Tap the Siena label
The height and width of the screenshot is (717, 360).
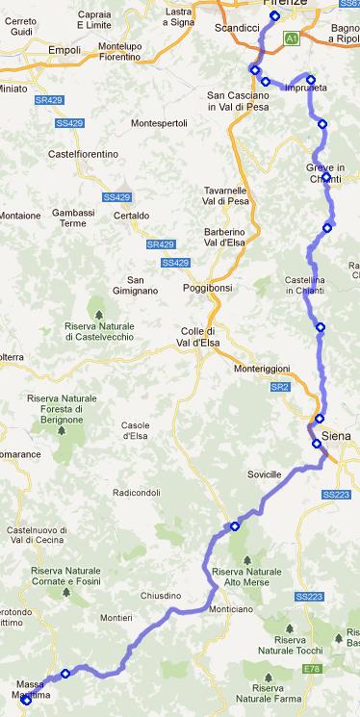336,435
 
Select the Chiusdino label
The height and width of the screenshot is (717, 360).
161,596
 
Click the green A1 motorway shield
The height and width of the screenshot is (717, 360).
291,38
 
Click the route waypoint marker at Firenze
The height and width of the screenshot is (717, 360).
274,16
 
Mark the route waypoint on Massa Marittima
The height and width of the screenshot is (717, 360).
26,700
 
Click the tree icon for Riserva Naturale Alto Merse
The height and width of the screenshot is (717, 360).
247,558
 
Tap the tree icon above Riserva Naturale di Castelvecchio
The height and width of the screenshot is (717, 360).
96,313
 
